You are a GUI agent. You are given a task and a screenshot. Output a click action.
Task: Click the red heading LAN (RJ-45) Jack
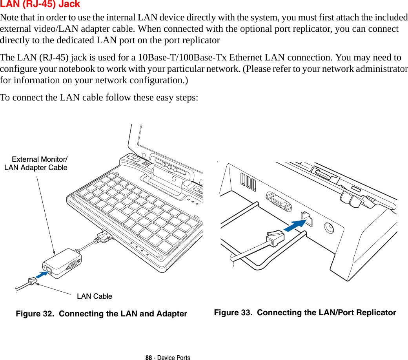click(40, 4)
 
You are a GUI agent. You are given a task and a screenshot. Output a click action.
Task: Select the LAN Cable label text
click(95, 296)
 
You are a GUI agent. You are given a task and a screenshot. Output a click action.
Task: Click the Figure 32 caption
click(101, 314)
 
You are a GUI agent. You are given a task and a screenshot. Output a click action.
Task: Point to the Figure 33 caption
click(305, 312)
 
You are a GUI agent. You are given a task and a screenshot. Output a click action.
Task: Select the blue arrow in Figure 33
click(294, 226)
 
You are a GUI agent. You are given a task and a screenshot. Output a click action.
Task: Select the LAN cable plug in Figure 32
click(31, 281)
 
